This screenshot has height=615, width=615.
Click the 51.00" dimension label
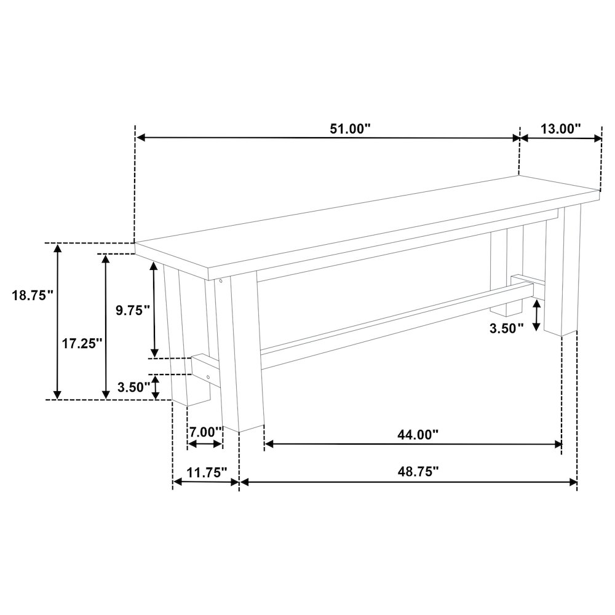point(350,129)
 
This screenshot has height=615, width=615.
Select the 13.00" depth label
point(560,129)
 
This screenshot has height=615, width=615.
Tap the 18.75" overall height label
point(33,295)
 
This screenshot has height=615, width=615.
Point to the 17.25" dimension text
point(82,344)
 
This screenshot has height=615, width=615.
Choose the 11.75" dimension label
point(207,472)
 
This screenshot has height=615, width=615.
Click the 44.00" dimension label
point(418,435)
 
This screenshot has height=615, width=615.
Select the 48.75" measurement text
point(418,471)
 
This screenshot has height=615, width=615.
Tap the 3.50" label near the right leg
point(506,328)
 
